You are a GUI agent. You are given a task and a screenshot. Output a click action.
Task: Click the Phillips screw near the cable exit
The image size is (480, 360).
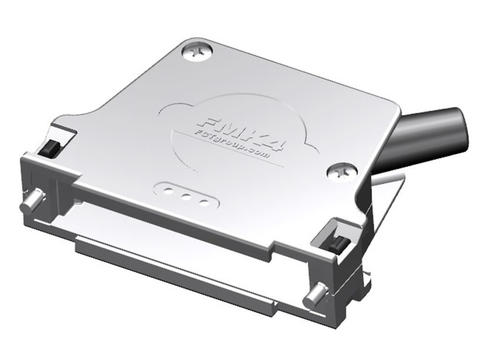[343, 171]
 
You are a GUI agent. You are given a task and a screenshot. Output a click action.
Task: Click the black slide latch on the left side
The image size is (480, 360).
[45, 150]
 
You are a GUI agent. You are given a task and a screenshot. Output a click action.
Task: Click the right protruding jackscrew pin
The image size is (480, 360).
[319, 294]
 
